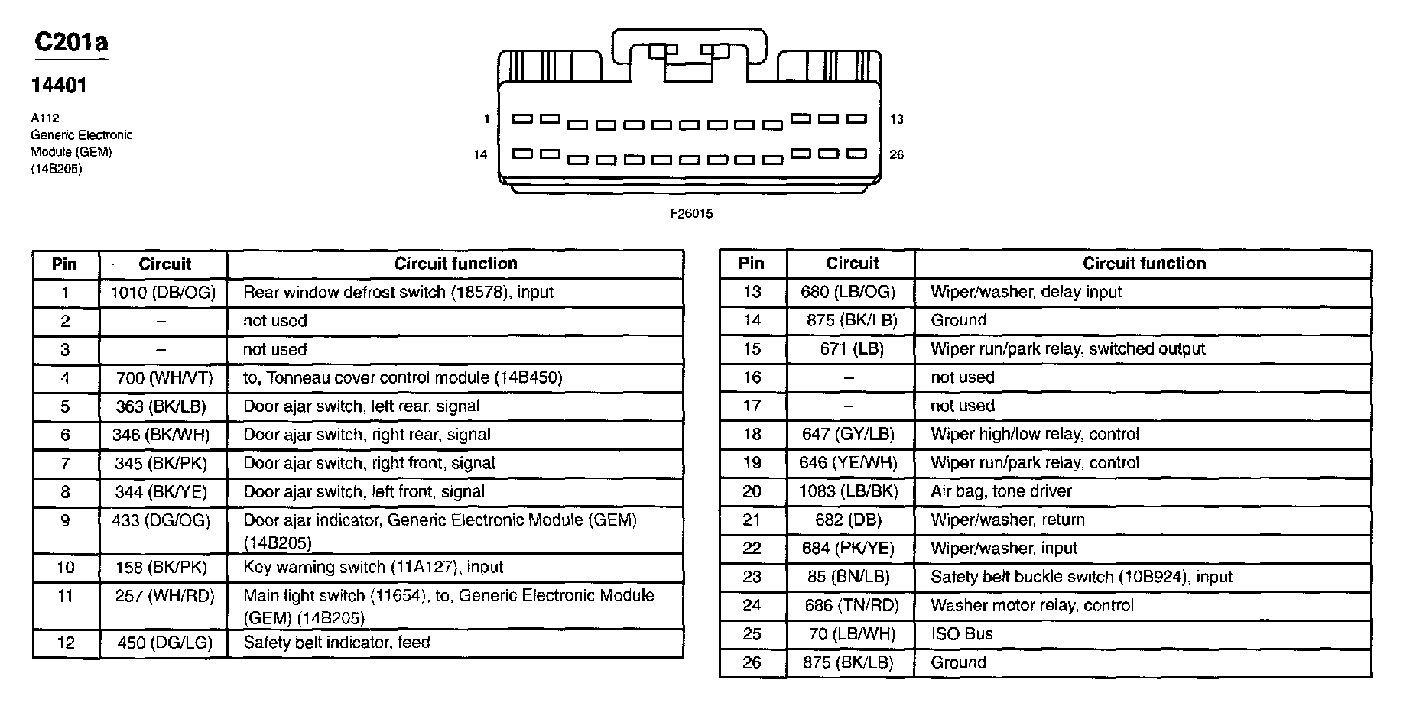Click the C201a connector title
click(71, 42)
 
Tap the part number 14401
click(59, 86)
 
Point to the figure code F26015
click(691, 214)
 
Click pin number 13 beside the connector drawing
click(896, 119)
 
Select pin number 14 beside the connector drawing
click(480, 154)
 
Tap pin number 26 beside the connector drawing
click(896, 154)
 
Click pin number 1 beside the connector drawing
click(486, 119)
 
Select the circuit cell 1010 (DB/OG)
click(164, 293)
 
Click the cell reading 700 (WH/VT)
click(164, 378)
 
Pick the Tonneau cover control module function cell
click(402, 378)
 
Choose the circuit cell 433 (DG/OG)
click(164, 520)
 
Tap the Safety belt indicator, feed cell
click(336, 643)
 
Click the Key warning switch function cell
click(373, 567)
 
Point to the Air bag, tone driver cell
click(1001, 491)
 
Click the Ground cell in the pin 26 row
click(958, 662)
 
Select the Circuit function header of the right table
click(1144, 264)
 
